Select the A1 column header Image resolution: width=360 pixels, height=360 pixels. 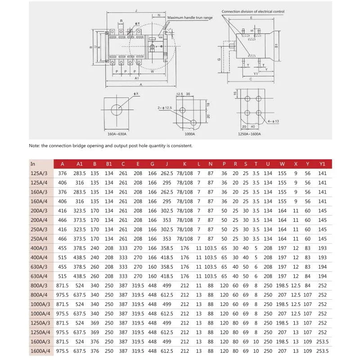[x=80, y=164]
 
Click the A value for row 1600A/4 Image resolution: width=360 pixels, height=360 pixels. [x=62, y=350]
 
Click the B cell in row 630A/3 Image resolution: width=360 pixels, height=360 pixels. [x=94, y=266]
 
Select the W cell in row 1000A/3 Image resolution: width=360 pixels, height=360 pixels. [x=282, y=304]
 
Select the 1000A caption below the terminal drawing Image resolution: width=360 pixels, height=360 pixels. [x=190, y=134]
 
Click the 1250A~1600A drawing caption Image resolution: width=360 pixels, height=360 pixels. [x=250, y=134]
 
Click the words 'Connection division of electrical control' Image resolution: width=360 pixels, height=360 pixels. [x=252, y=12]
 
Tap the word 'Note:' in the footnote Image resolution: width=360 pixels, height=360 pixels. [x=34, y=146]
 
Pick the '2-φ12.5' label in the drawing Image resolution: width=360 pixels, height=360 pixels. [x=165, y=108]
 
